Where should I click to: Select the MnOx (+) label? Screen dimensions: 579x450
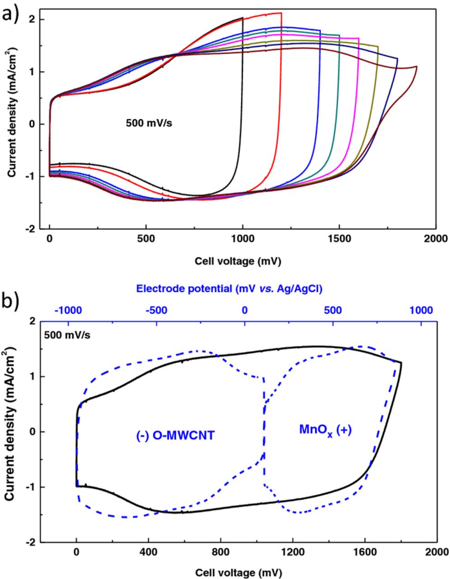click(x=325, y=429)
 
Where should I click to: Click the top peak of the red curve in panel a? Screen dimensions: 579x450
click(x=281, y=13)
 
